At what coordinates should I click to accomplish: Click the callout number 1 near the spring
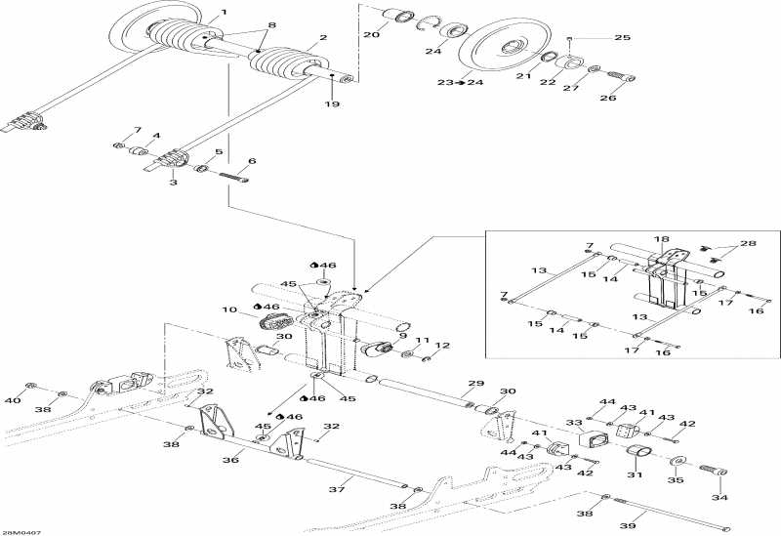pos(224,12)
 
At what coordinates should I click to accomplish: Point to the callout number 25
pos(623,38)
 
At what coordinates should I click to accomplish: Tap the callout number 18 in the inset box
pos(662,238)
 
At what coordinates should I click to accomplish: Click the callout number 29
pos(476,383)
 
